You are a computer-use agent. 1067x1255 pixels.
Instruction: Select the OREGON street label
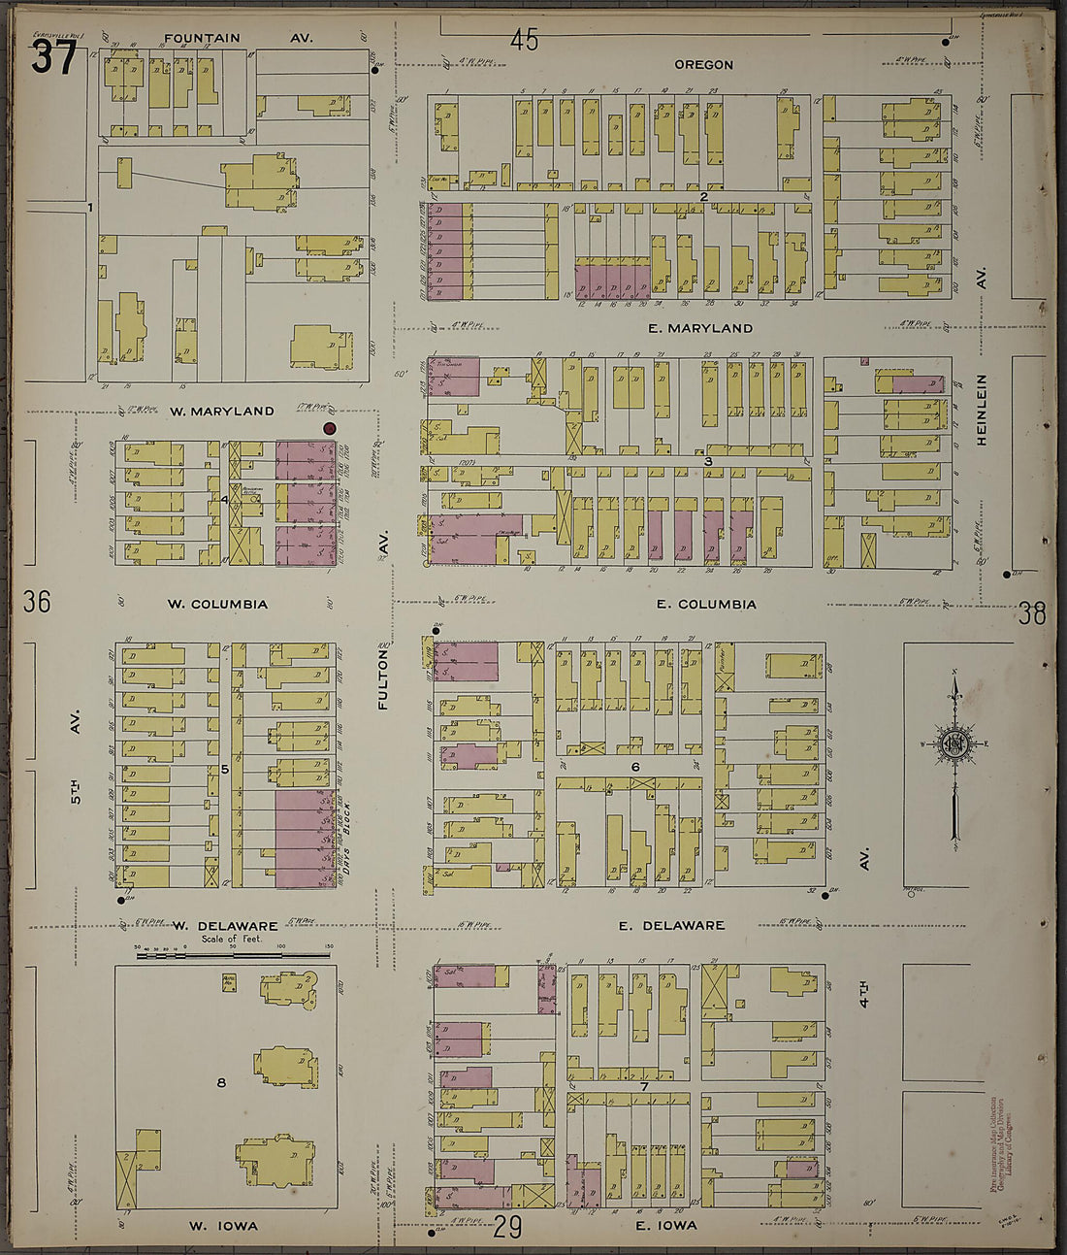click(703, 65)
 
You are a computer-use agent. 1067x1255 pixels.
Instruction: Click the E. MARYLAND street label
click(699, 329)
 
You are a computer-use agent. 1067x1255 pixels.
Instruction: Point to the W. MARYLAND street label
click(221, 412)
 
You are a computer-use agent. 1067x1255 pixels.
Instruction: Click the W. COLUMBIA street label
click(216, 605)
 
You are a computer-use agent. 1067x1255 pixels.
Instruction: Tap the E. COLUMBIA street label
click(705, 605)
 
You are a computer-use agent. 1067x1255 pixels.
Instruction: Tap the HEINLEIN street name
click(982, 410)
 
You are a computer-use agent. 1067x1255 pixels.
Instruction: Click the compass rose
click(954, 745)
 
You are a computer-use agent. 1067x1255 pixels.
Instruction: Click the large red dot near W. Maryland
click(329, 428)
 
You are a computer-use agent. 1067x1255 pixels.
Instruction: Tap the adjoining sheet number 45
click(524, 40)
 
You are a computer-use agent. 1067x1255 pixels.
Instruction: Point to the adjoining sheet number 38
click(1033, 613)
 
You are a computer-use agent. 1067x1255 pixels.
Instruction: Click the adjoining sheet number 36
click(37, 602)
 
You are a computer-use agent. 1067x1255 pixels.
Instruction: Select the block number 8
click(221, 1082)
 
